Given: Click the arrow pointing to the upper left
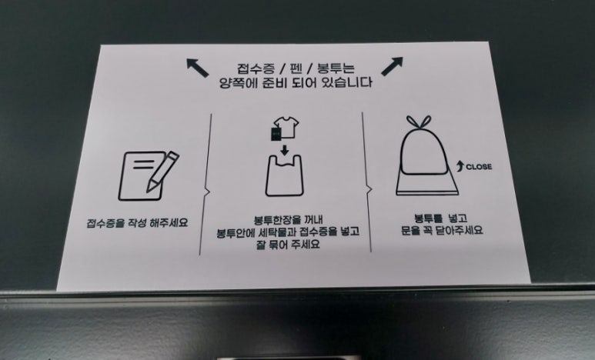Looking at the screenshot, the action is click(x=197, y=68).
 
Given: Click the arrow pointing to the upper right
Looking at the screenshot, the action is click(x=392, y=66).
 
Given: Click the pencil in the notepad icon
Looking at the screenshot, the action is click(x=162, y=171).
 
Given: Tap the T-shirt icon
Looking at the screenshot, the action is click(x=286, y=127).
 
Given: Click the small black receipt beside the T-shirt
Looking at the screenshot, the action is click(x=276, y=135).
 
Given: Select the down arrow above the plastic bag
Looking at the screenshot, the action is click(x=285, y=151).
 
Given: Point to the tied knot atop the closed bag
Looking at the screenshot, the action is click(x=419, y=122).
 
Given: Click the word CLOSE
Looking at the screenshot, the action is click(x=479, y=166).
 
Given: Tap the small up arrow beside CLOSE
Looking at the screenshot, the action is click(x=460, y=165).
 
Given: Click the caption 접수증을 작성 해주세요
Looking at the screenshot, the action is click(x=137, y=222).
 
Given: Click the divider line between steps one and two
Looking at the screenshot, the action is click(x=206, y=184).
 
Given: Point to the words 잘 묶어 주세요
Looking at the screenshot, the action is click(x=288, y=245).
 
